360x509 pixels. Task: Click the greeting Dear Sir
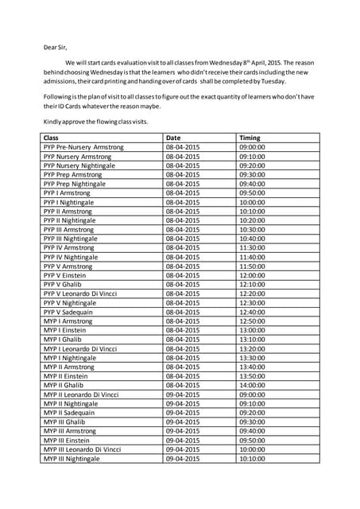55,47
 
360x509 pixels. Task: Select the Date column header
173,138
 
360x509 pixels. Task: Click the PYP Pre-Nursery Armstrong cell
83,147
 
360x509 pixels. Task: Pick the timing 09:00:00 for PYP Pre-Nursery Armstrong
252,147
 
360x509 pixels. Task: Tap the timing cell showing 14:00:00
252,385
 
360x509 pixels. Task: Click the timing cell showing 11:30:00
252,247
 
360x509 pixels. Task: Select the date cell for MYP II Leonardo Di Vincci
182,394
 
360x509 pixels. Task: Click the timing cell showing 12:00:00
252,275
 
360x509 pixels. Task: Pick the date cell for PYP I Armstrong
182,192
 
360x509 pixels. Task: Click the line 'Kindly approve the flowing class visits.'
95,122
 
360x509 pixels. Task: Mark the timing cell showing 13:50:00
252,375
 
